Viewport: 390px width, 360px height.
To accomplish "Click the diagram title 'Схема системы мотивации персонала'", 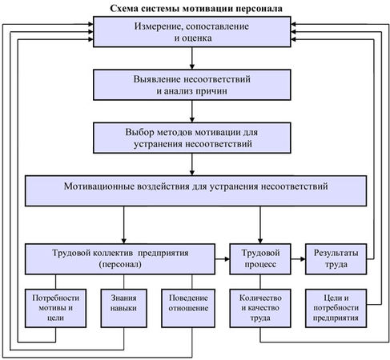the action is pos(196,9).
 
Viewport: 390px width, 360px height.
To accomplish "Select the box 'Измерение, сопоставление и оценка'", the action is pos(192,32).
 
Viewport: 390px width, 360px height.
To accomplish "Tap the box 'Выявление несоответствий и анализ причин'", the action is pos(192,85).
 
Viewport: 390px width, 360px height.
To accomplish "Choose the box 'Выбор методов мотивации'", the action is pos(192,138).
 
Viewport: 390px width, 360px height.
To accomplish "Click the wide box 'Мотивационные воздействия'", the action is pos(195,190).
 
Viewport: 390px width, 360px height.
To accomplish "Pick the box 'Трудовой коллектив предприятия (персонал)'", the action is pos(120,258).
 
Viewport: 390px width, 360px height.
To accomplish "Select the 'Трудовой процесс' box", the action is pos(260,258).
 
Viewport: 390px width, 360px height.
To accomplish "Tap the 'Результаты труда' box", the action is pos(336,258).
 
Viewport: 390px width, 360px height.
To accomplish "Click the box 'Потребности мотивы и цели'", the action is pos(55,308).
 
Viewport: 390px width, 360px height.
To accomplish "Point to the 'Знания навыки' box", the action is pos(123,308).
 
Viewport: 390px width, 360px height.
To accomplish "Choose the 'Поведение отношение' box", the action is pos(188,308).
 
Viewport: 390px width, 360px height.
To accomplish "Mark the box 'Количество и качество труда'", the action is pos(260,308).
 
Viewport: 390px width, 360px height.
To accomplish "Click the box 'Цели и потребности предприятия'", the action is pos(336,308).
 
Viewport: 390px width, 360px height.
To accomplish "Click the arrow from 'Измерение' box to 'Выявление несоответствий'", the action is pos(192,58).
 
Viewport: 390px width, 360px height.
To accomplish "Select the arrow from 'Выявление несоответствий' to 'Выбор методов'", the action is pos(192,111).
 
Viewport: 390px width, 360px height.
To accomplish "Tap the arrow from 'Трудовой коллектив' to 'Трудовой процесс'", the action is pos(223,258).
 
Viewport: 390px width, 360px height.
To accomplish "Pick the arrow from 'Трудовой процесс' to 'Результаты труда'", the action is pos(298,258).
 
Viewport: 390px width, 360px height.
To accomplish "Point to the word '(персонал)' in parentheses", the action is pos(120,265).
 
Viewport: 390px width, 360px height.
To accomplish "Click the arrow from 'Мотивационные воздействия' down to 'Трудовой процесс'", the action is pos(260,225).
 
